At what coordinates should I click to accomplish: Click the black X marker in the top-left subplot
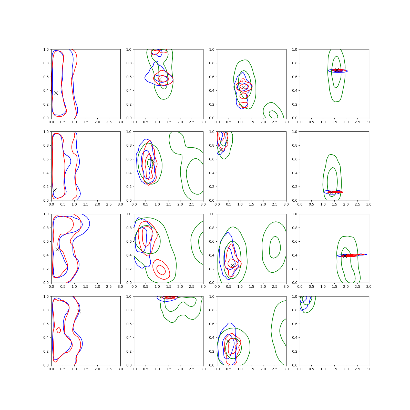point(56,93)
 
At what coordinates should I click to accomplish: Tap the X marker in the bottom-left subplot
point(79,311)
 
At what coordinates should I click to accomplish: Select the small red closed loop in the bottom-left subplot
point(59,330)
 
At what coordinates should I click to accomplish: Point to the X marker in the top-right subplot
point(337,70)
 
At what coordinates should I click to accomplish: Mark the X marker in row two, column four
point(331,193)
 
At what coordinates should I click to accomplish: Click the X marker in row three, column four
point(345,256)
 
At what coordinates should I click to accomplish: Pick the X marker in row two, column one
point(55,190)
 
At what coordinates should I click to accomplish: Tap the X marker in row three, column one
point(58,249)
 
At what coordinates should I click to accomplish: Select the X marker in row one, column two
point(159,79)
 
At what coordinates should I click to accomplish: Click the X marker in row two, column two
point(152,161)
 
